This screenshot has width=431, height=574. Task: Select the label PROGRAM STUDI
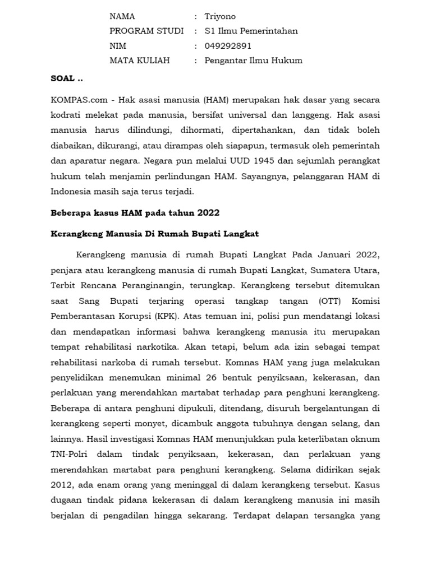click(x=146, y=31)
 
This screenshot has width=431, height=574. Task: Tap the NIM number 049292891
click(x=228, y=46)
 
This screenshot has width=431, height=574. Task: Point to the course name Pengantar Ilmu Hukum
click(x=254, y=61)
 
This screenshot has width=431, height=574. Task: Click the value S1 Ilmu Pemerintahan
click(x=251, y=31)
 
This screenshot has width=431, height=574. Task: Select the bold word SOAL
click(x=63, y=78)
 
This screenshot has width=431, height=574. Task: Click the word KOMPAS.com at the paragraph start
click(x=75, y=100)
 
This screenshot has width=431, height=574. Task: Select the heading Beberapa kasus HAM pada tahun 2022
click(x=135, y=213)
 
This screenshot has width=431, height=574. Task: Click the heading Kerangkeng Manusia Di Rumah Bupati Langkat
click(x=154, y=234)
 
